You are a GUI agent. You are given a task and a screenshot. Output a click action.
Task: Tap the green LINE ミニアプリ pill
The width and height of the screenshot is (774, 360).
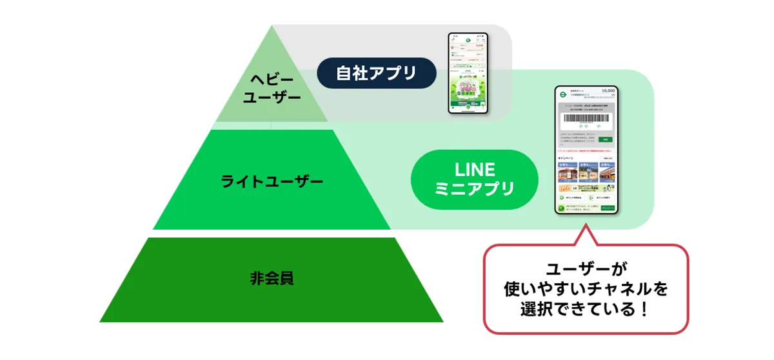pyautogui.click(x=474, y=179)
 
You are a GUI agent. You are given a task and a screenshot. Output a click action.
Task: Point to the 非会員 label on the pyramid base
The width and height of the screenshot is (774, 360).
pyautogui.click(x=272, y=279)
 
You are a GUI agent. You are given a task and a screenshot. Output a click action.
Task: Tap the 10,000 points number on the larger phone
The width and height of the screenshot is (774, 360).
pyautogui.click(x=608, y=91)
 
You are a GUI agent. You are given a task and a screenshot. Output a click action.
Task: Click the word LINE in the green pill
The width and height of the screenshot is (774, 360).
pyautogui.click(x=474, y=170)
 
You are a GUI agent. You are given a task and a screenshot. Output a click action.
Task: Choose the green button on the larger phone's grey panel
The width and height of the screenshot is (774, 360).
pyautogui.click(x=606, y=139)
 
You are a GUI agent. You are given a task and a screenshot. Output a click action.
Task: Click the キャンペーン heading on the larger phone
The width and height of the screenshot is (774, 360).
pyautogui.click(x=567, y=157)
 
